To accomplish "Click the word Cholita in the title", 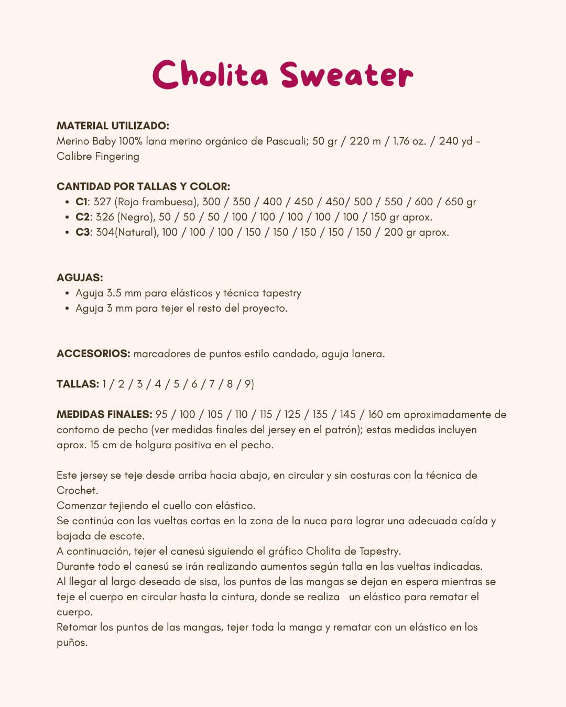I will point(210,74).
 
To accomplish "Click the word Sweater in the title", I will point(346,75).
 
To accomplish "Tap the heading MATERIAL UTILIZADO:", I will point(113,126).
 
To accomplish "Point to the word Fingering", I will point(117,156).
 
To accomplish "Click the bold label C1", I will point(81,202).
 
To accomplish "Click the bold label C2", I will point(82,217).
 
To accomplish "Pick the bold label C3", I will point(83,232).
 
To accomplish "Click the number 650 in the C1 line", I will point(454,202).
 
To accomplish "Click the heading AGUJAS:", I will point(80,278).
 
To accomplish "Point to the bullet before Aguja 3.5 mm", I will point(67,293).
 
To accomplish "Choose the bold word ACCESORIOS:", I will point(93,353).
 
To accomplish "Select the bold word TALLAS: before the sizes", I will point(78,384).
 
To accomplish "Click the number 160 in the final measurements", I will point(375,414).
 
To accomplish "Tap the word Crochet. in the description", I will point(78,490).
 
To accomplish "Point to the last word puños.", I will point(72,642).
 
